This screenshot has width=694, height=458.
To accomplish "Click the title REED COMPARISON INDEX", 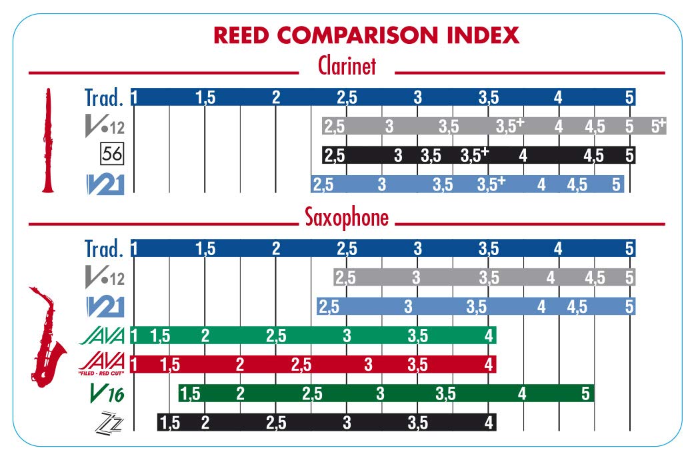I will click(x=347, y=35).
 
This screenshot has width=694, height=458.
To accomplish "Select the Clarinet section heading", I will click(x=347, y=67).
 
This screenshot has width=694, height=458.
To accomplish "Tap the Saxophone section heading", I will click(x=347, y=218).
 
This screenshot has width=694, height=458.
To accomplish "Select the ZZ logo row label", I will click(x=110, y=422).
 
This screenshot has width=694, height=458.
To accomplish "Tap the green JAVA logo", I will click(x=102, y=336).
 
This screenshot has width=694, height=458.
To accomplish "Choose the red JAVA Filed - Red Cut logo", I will click(x=102, y=364).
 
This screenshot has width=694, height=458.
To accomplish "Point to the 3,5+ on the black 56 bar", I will click(x=475, y=155).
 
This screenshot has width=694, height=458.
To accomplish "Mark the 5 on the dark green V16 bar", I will click(x=585, y=394).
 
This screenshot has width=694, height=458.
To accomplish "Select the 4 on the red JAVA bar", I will click(x=489, y=365).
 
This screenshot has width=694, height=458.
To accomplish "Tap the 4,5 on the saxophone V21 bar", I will click(x=577, y=307).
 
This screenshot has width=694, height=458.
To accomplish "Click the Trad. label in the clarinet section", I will click(x=104, y=97).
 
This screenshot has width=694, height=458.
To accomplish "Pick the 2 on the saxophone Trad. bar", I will click(x=276, y=249).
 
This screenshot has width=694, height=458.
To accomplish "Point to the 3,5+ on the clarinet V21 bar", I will click(x=491, y=184).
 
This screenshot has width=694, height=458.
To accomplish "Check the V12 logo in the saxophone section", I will click(x=105, y=278).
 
